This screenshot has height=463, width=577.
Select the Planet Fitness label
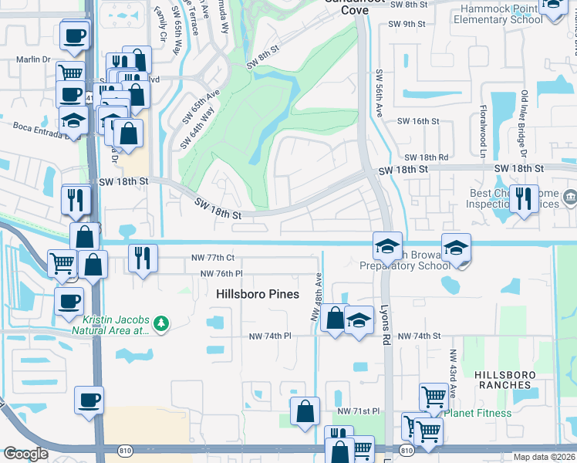478,413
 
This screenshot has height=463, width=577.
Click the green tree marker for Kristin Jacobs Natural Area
161,322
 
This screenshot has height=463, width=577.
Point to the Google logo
25,454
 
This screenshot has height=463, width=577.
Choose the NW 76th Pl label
221,274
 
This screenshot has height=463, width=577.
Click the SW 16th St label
417,122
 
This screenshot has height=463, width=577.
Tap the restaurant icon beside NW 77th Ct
141,257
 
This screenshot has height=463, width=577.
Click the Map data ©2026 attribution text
544,457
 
